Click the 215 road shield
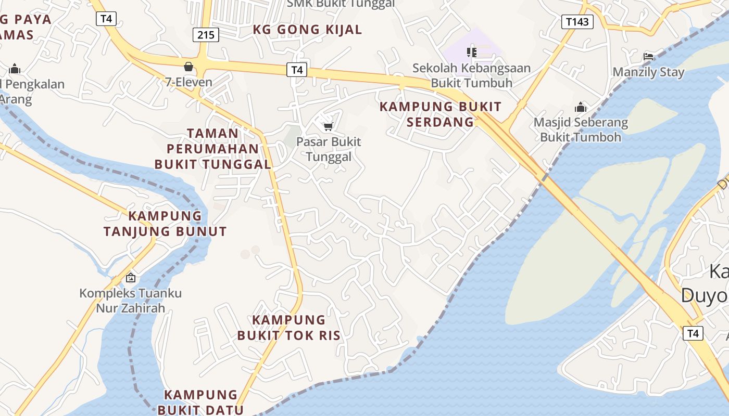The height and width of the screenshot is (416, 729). [206, 35]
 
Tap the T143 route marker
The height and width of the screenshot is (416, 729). [577, 21]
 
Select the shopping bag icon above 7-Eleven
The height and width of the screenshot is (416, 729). [188, 67]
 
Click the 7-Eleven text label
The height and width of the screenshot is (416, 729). [188, 82]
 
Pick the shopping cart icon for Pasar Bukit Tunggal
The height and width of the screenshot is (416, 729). [328, 126]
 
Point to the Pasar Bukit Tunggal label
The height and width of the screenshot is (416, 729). [329, 149]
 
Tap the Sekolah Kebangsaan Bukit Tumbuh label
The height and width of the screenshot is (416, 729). [472, 75]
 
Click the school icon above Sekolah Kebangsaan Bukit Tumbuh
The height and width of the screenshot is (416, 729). [472, 52]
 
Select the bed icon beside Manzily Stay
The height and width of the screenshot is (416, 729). [648, 56]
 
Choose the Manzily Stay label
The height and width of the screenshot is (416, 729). [648, 72]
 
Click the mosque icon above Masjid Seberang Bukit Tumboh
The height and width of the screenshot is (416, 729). [581, 108]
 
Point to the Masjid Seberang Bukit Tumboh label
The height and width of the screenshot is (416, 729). [581, 130]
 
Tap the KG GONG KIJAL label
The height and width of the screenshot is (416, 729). [307, 30]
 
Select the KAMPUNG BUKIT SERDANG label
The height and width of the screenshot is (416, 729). [441, 114]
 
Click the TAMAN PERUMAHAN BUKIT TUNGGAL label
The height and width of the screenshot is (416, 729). [213, 149]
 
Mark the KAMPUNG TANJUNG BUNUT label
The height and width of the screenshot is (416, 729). [165, 224]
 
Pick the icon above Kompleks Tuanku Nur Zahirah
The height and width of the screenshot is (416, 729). [130, 278]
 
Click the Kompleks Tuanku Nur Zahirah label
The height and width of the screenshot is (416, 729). [130, 301]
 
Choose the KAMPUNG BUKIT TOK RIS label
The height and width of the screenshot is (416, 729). [289, 328]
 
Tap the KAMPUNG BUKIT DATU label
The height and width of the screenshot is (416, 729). [201, 402]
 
